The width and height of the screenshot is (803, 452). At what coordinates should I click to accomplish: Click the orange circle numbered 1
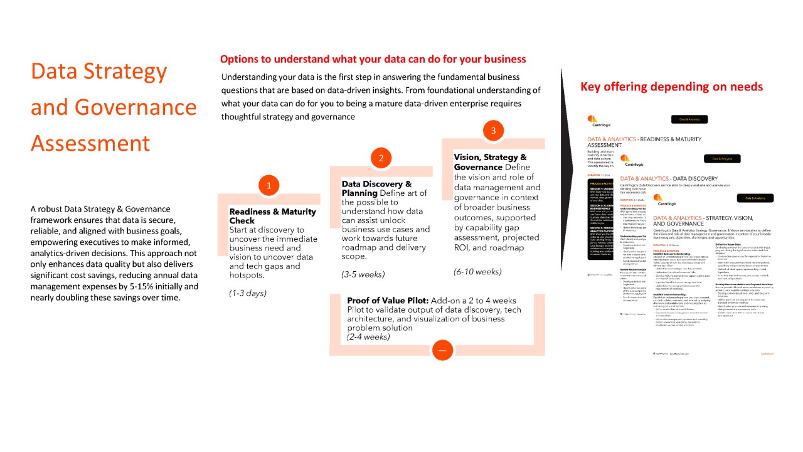pos(269,185)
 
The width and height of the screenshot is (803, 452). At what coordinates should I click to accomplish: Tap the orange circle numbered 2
pos(381,158)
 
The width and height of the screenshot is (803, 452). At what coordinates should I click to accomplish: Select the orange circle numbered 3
pos(494,131)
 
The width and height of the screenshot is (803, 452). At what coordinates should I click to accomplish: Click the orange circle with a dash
pos(442,350)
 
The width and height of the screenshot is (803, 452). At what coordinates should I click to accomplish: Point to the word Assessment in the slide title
pos(90,143)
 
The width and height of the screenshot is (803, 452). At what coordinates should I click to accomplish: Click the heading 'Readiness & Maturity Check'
pos(272,216)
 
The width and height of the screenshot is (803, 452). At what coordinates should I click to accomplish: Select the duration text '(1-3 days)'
pos(248,293)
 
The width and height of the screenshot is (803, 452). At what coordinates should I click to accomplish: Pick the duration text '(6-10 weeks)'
pos(477,272)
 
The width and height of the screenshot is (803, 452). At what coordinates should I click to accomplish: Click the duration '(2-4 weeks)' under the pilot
pos(368,336)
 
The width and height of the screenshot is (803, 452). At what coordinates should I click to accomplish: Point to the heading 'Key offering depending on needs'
pos(671,87)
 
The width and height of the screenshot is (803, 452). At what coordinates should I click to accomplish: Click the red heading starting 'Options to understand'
pos(373,59)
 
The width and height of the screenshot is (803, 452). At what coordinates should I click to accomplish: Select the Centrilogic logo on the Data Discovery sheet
pos(626,161)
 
